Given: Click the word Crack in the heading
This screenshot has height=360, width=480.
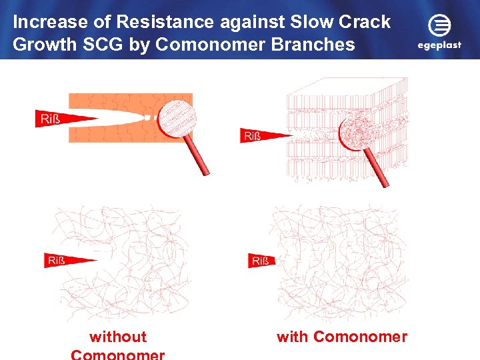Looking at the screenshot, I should click(365, 22).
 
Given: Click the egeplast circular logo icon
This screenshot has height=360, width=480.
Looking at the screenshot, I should click(439, 25).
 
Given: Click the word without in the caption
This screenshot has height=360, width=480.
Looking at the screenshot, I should click(118, 337).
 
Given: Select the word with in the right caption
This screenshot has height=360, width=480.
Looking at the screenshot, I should click(293, 337).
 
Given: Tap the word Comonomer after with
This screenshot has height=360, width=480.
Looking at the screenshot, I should click(360, 337).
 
